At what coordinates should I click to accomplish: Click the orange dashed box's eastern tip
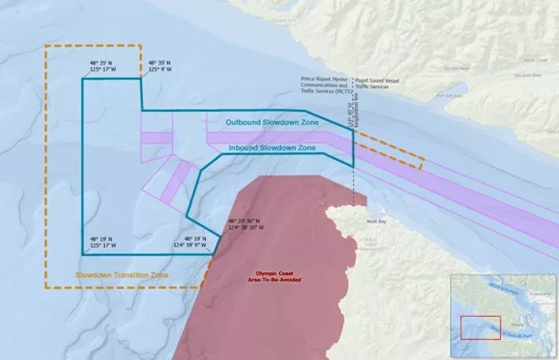click(x=423, y=161)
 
